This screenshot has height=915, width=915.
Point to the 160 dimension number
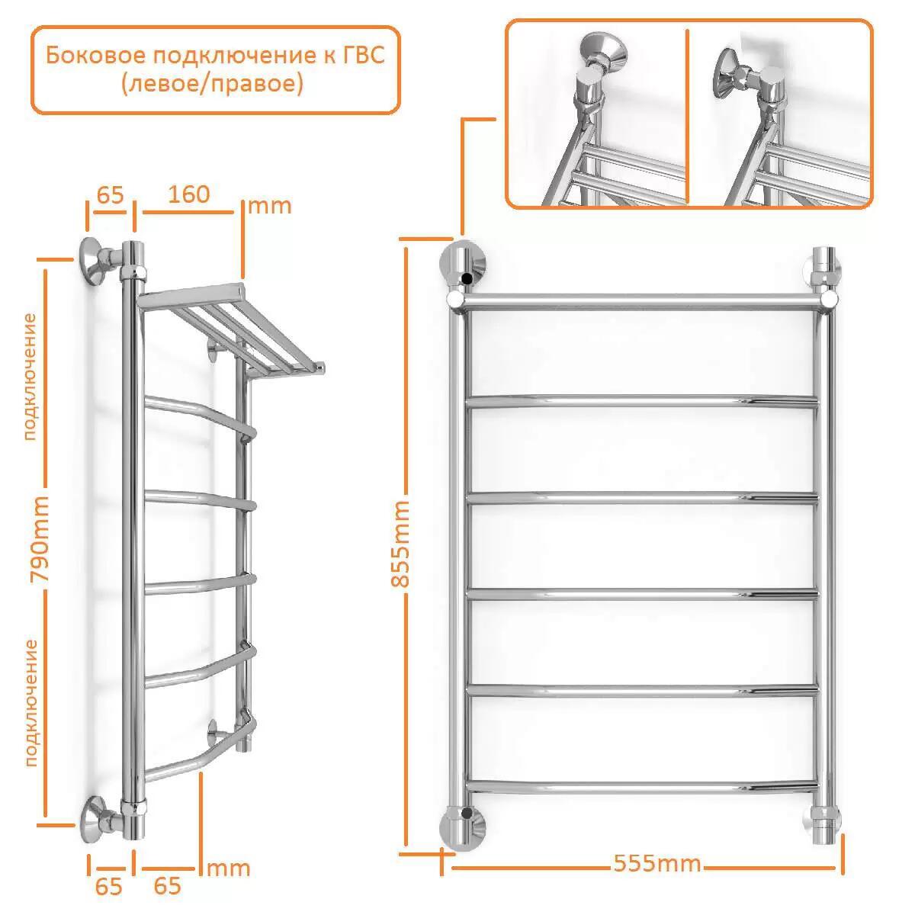[188, 194]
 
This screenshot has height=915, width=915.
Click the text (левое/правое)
[212, 85]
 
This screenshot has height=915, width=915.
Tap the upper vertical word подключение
[30, 377]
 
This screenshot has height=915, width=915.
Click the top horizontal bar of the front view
[642, 300]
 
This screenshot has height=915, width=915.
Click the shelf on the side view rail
[231, 329]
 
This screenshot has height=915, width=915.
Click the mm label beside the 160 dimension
[269, 206]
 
